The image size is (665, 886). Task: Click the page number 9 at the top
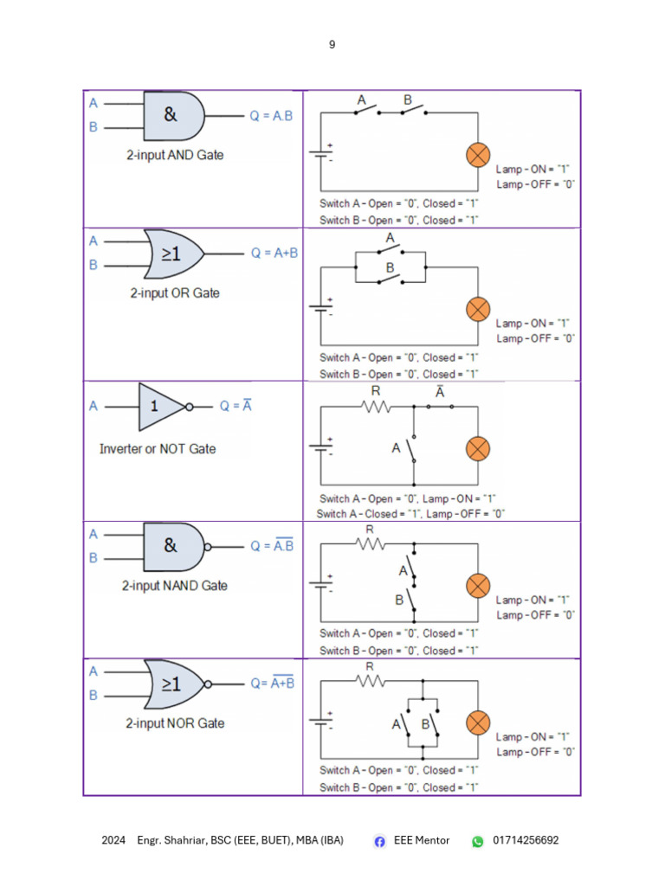tap(332, 44)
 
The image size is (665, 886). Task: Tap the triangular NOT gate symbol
tap(161, 406)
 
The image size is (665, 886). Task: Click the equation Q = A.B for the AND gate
tap(272, 116)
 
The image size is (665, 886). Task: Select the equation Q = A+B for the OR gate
tap(274, 254)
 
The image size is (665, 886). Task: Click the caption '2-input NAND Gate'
tap(174, 586)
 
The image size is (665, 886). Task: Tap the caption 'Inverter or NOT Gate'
tap(157, 449)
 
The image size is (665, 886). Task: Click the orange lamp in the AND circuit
tap(478, 156)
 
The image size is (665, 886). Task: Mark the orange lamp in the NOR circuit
tap(478, 722)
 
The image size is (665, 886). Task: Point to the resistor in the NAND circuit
tap(370, 543)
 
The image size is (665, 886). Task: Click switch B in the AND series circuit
tap(410, 111)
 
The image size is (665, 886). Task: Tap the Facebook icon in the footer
tap(379, 841)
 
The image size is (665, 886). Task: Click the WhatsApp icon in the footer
tap(477, 841)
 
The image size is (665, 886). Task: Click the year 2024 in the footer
tap(113, 840)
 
